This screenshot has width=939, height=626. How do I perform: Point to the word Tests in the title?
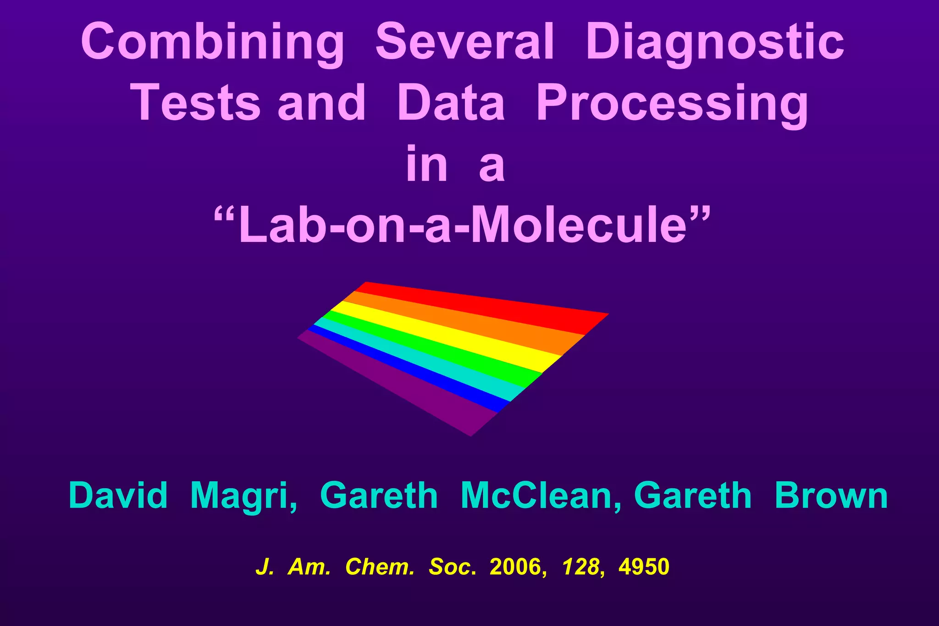point(196,103)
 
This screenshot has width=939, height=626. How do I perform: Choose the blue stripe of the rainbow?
point(408,369)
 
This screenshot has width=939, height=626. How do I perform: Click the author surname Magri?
point(243,496)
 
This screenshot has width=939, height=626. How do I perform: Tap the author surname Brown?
point(831,496)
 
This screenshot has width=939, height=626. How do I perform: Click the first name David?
point(118,496)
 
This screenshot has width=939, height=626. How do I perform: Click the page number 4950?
point(644,567)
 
